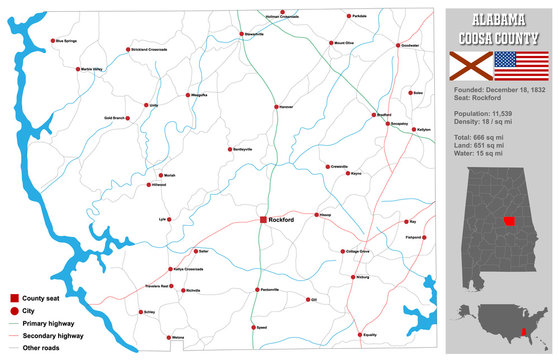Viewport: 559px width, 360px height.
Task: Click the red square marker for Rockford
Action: tap(263, 219)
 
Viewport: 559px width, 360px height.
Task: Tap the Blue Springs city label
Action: tap(66, 41)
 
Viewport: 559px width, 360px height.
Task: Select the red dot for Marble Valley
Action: tap(79, 69)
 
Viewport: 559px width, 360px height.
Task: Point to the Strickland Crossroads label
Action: tap(148, 49)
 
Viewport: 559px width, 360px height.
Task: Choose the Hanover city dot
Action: tap(277, 106)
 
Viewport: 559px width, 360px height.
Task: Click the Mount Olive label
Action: tap(345, 43)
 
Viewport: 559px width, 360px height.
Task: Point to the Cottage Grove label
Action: tap(357, 251)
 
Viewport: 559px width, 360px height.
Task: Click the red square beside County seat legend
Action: tap(14, 299)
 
